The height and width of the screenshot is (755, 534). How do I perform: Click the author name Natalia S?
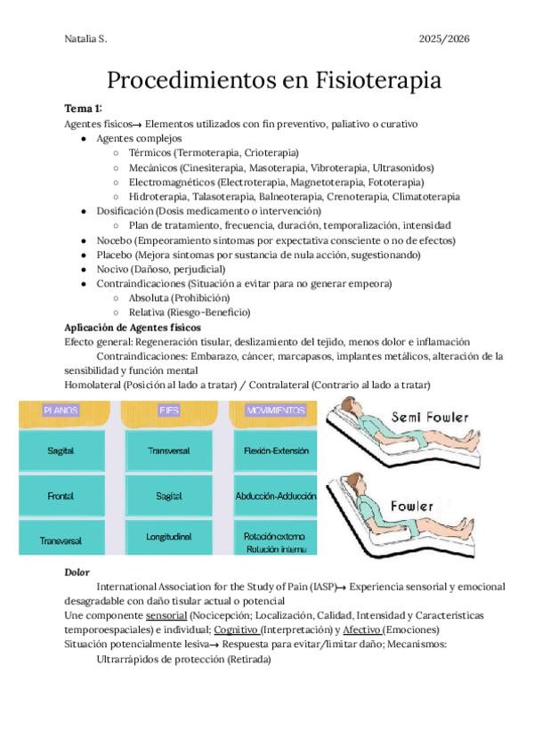tap(85, 39)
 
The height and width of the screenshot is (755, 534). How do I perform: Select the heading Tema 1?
tap(83, 109)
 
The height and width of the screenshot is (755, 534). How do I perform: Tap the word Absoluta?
tap(152, 297)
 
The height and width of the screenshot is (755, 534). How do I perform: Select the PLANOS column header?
tap(61, 410)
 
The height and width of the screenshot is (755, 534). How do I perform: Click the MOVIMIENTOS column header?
tap(273, 410)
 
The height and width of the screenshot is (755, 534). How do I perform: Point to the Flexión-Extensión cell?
tap(274, 451)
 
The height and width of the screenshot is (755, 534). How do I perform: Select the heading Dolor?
tap(77, 572)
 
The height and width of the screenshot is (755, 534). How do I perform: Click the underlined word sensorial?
tap(166, 615)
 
